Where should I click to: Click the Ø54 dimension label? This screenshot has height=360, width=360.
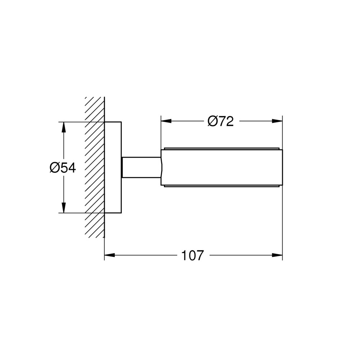pyautogui.click(x=63, y=168)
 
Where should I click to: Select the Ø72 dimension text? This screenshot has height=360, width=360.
pyautogui.click(x=221, y=121)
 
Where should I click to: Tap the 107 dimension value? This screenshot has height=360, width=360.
pyautogui.click(x=193, y=255)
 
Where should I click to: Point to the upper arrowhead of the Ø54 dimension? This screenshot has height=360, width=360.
pyautogui.click(x=64, y=127)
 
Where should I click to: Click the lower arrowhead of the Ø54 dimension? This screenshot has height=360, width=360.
pyautogui.click(x=64, y=208)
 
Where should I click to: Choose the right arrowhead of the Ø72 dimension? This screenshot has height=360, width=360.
pyautogui.click(x=277, y=121)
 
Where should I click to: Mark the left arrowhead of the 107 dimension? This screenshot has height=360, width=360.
pyautogui.click(x=109, y=255)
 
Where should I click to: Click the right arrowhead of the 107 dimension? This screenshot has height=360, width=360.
pyautogui.click(x=277, y=255)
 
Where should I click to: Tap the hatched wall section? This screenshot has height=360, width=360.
pyautogui.click(x=95, y=167)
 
